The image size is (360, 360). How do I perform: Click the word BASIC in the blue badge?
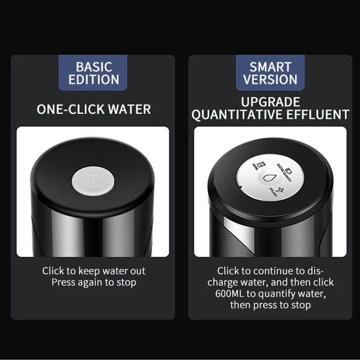point(94,67)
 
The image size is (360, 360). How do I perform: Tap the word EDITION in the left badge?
point(94,80)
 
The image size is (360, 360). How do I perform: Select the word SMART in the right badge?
point(270,67)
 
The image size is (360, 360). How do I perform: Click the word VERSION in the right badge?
point(270,80)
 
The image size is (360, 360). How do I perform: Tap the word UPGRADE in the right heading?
point(270,101)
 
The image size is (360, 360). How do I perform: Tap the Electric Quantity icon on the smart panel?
point(288,170)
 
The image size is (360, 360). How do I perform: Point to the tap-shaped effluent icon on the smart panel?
point(280,190)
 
